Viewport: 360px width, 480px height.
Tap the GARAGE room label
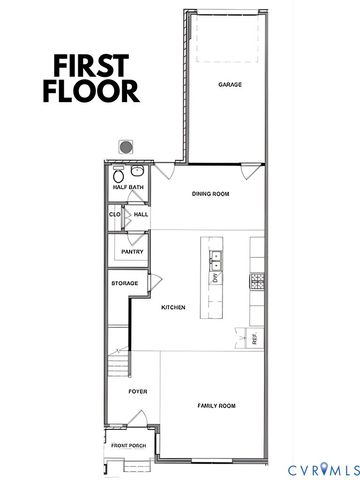tap(230, 85)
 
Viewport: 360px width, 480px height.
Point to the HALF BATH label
tap(127, 187)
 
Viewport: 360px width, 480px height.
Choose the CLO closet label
tap(115, 213)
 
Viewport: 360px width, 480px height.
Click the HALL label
tap(140, 213)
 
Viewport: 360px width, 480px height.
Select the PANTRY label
tap(132, 252)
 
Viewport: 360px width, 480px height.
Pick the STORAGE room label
tap(124, 284)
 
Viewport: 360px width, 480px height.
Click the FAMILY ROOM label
tap(216, 405)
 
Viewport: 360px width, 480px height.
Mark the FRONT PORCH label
tap(128, 444)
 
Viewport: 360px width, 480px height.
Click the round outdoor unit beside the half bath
tap(127, 146)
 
